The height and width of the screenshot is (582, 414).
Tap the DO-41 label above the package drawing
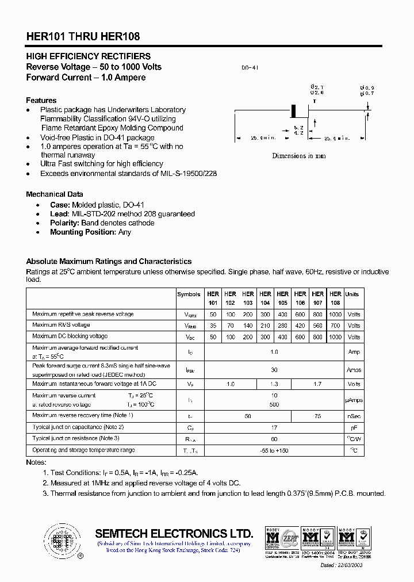point(250,68)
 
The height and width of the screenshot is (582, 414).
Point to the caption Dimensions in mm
point(298,156)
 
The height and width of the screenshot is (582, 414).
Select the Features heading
point(41,100)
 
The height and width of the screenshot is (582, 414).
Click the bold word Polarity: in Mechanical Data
point(64,223)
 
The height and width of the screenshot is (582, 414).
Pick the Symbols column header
point(189,294)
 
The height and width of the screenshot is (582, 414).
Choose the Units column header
point(352,294)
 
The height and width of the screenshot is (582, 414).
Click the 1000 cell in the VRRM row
point(335,315)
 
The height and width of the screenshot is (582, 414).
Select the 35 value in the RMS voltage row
point(213,326)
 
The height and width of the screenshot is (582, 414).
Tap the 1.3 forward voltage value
point(274,384)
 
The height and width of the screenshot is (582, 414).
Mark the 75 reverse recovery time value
point(317,416)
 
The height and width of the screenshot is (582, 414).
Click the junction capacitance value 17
point(274,427)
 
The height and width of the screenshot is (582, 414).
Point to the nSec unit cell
point(354,416)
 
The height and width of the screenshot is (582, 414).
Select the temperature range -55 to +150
point(274,450)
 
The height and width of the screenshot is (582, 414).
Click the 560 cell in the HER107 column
point(317,326)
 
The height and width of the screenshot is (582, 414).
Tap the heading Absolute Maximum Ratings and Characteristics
point(109,261)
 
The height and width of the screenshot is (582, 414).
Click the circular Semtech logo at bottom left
point(60,540)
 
